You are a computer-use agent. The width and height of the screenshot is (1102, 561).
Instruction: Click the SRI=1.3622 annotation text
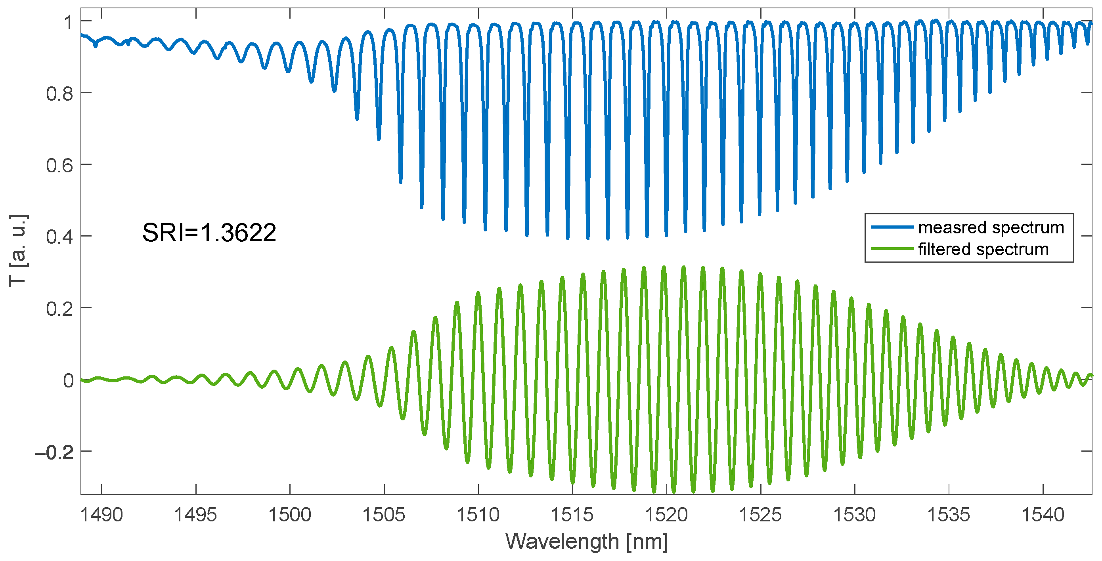[x=209, y=233]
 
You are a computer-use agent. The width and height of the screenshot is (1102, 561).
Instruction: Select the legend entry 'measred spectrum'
[x=991, y=227]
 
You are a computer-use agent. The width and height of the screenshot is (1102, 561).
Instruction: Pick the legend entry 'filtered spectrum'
[x=983, y=249]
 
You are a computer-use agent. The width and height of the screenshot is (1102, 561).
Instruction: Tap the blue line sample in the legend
[x=892, y=227]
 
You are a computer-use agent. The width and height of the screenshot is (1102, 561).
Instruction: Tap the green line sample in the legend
[x=892, y=249]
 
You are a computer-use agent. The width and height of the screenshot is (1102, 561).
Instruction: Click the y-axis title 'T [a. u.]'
[x=18, y=250]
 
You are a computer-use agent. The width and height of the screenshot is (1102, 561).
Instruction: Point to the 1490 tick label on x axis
[x=101, y=515]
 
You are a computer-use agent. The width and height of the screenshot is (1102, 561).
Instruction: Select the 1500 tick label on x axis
[x=290, y=515]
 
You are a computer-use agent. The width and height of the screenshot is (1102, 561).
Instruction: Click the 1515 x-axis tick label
[x=572, y=515]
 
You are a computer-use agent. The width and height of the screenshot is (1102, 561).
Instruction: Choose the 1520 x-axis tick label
[x=666, y=515]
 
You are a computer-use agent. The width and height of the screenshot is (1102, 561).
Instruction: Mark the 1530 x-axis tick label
[x=854, y=515]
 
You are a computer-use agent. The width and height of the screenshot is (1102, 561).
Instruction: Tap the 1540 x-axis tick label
[x=1043, y=515]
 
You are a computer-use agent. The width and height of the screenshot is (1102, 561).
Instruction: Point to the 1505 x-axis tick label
[x=384, y=515]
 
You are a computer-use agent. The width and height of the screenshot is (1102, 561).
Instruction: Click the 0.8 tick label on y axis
[x=59, y=93]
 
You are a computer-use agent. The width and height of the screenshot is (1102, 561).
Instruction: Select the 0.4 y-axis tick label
[x=59, y=237]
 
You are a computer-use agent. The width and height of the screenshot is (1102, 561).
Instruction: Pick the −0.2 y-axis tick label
[x=54, y=452]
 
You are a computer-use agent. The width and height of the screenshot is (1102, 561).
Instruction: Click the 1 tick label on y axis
[x=68, y=22]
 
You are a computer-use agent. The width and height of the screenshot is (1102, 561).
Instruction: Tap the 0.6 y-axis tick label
[x=59, y=166]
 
